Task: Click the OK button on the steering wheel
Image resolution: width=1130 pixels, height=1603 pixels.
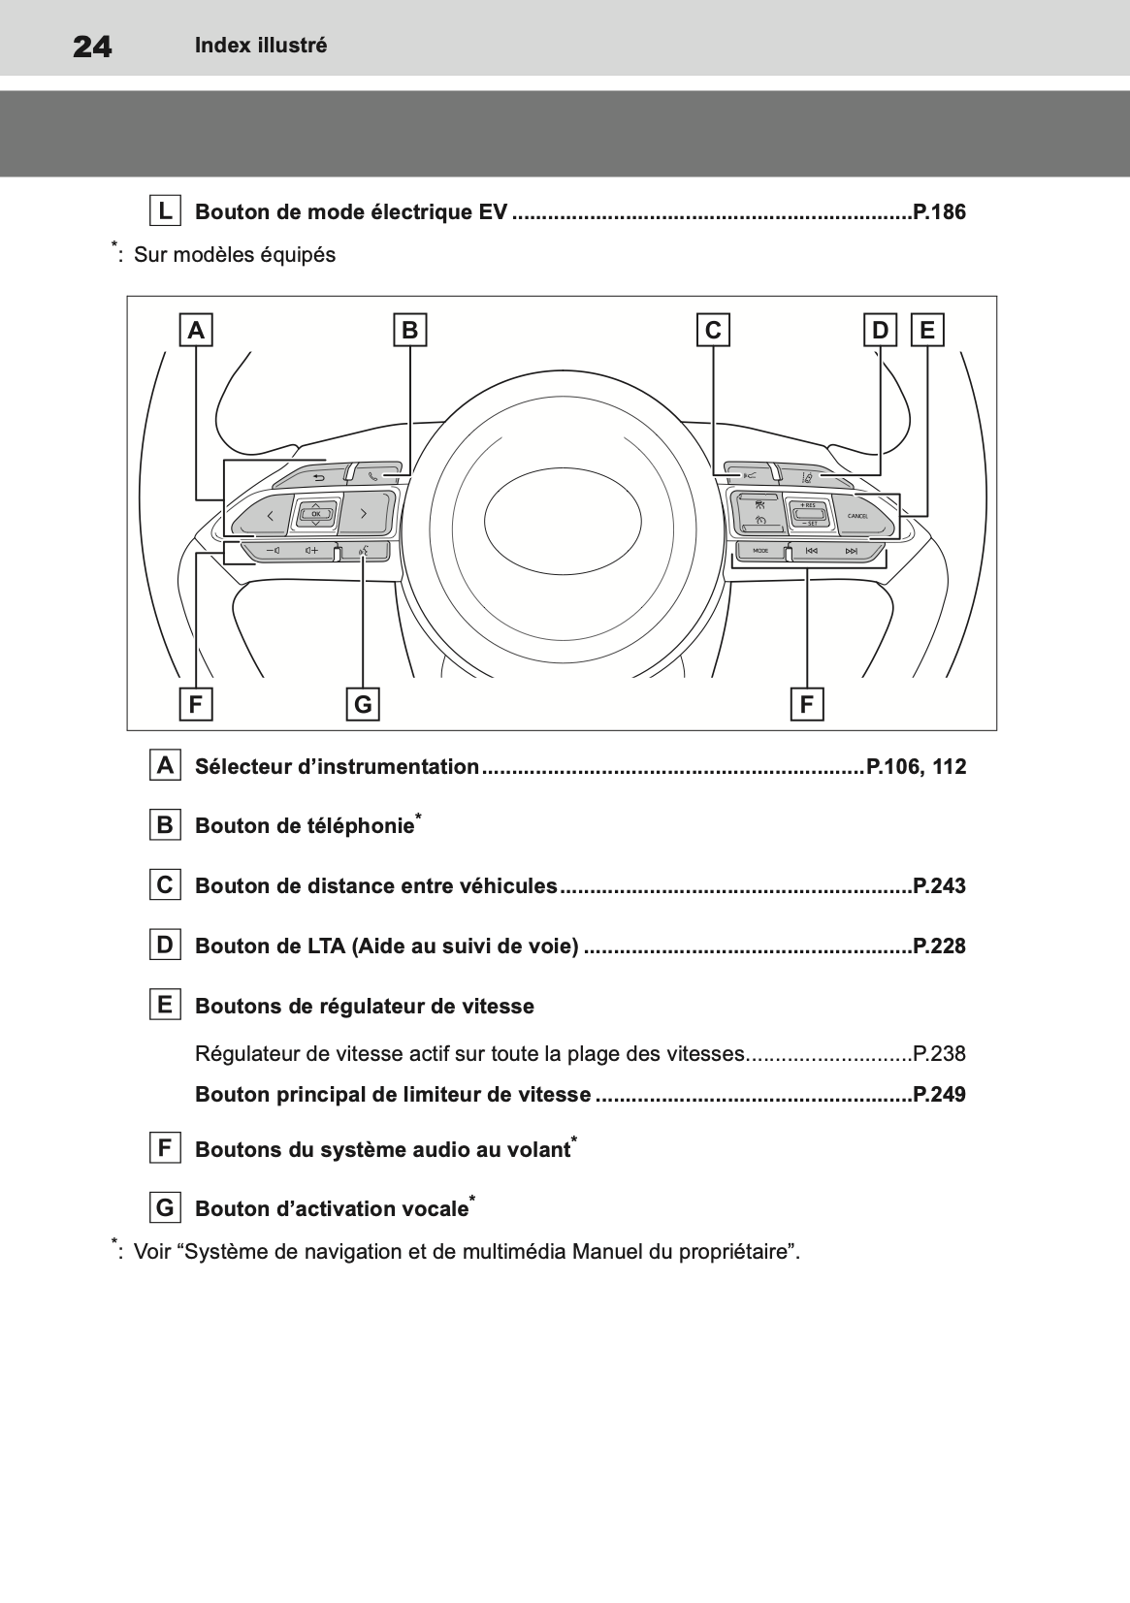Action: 316,513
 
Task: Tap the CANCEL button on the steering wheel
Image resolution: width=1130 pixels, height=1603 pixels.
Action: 857,515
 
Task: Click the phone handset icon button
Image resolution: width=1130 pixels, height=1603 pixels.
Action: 374,476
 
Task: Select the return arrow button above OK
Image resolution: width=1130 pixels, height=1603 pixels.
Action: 318,477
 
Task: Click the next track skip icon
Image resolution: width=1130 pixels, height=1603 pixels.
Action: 852,551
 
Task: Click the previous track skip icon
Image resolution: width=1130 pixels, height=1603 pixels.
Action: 811,551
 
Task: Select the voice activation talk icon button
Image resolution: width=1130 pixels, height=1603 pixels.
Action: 363,552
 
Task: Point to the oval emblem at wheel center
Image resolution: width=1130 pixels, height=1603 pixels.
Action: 563,515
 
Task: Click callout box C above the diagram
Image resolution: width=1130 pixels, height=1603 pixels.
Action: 713,331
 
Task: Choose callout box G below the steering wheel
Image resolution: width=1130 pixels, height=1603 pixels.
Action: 363,704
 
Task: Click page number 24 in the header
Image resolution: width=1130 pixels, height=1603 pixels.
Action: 92,46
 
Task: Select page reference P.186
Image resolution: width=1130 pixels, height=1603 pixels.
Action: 939,211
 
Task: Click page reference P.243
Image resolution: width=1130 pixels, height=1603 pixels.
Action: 939,885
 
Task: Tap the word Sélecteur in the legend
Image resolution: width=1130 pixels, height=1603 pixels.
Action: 242,767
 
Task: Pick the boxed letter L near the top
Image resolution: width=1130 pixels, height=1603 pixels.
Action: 166,210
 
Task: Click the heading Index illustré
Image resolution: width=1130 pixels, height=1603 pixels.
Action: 261,46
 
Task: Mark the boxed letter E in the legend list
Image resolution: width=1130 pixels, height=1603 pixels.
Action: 165,1005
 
